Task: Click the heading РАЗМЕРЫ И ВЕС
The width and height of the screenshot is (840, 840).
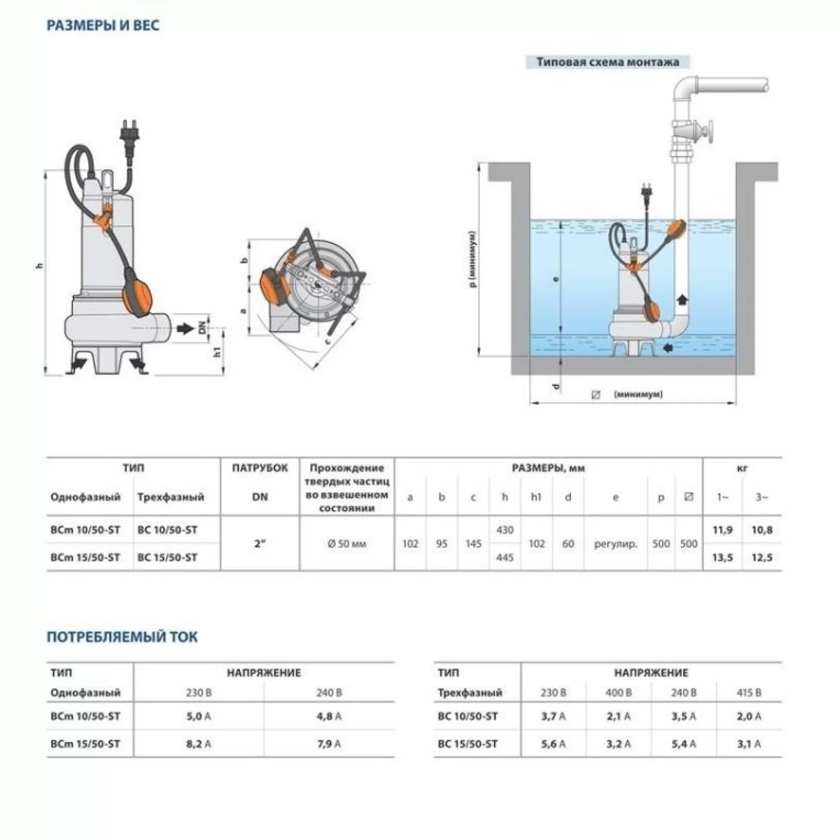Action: pyautogui.click(x=103, y=26)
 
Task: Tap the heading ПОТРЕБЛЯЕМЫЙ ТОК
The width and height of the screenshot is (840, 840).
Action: pyautogui.click(x=122, y=637)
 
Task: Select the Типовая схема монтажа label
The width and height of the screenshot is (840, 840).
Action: pyautogui.click(x=607, y=62)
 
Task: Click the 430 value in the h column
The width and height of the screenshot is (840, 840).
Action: pyautogui.click(x=505, y=530)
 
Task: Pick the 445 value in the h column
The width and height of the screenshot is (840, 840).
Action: pyautogui.click(x=505, y=558)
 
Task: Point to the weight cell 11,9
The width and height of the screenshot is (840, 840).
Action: pyautogui.click(x=722, y=530)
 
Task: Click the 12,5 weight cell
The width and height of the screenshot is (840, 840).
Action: pyautogui.click(x=762, y=558)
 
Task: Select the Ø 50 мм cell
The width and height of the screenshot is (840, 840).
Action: pyautogui.click(x=346, y=544)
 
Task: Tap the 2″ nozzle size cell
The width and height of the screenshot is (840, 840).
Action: pyautogui.click(x=260, y=544)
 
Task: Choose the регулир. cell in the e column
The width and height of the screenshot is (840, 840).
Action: pyautogui.click(x=615, y=544)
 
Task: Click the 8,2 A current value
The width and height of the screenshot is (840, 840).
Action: pyautogui.click(x=198, y=744)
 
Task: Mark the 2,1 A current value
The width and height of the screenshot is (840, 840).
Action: pyautogui.click(x=618, y=716)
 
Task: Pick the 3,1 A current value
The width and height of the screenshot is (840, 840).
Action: pyautogui.click(x=749, y=744)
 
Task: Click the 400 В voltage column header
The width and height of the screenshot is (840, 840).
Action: pyautogui.click(x=618, y=692)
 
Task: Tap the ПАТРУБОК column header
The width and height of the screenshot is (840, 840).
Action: pyautogui.click(x=260, y=468)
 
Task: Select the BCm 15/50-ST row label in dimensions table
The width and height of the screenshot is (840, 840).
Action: pyautogui.click(x=85, y=558)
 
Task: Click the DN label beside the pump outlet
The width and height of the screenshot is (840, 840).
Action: pyautogui.click(x=202, y=329)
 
